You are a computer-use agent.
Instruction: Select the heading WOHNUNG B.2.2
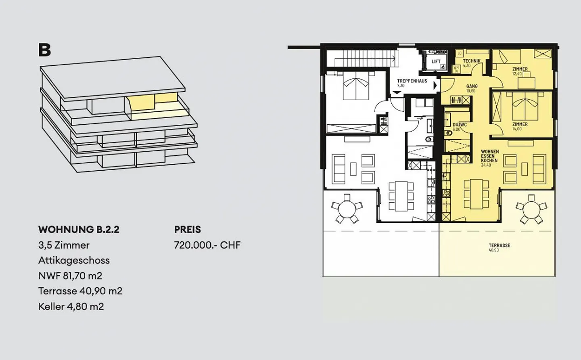[x=79, y=230]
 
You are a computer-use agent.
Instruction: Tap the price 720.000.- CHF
[x=207, y=245]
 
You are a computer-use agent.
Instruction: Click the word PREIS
[x=187, y=230]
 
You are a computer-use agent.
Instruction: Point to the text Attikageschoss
[x=74, y=260]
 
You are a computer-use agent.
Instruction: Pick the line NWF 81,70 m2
[x=70, y=276]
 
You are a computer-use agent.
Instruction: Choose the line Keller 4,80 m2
[x=71, y=306]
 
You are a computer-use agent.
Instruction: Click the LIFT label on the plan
[x=436, y=61]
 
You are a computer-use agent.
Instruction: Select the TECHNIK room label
[x=471, y=61]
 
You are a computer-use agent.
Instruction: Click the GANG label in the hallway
[x=472, y=86]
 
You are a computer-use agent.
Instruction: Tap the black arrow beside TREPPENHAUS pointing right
[x=435, y=86]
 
